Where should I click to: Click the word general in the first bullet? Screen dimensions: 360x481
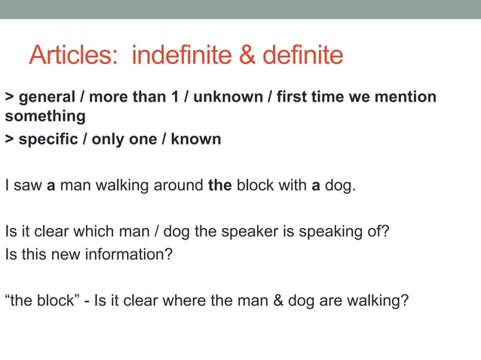[46, 97]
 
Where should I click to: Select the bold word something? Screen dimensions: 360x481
[45, 117]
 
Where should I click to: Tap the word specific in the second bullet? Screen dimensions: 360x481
[47, 139]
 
